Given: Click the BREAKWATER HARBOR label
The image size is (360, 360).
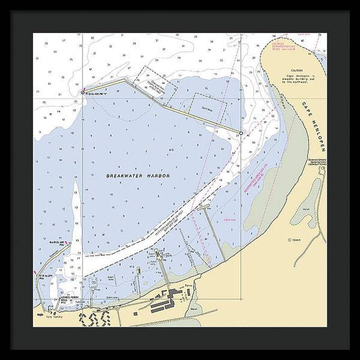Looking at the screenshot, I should tap(138, 176).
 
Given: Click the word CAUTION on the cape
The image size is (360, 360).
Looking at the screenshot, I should tap(294, 70).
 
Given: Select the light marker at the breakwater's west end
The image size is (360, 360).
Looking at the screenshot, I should tap(83, 92).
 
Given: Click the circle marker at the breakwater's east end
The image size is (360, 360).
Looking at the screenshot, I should tap(240, 134).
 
